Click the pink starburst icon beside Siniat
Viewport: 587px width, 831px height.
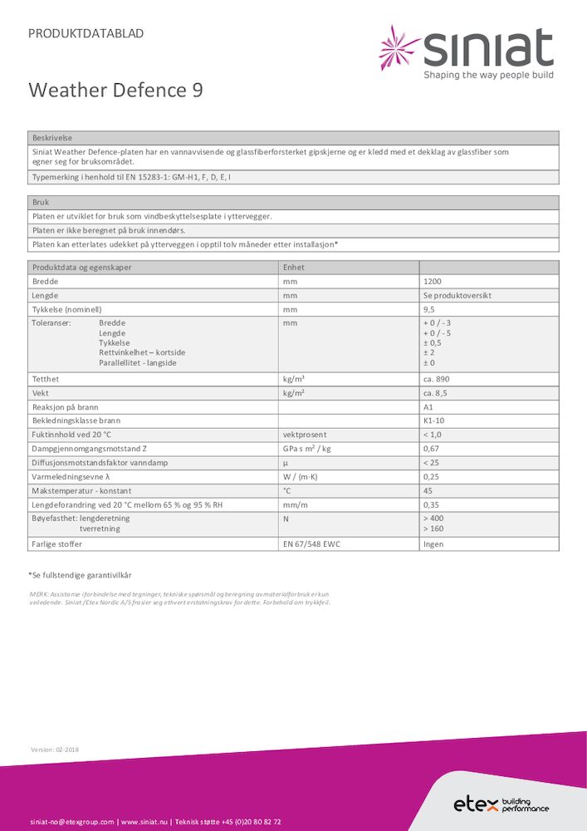pyautogui.click(x=399, y=47)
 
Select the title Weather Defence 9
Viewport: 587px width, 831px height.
pyautogui.click(x=115, y=90)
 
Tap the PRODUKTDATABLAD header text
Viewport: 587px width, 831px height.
pyautogui.click(x=86, y=33)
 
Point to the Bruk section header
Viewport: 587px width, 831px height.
pyautogui.click(x=41, y=202)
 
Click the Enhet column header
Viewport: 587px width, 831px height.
pyautogui.click(x=295, y=268)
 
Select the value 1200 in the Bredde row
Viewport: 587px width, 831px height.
pyautogui.click(x=433, y=282)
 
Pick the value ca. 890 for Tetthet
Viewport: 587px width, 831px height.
pyautogui.click(x=437, y=379)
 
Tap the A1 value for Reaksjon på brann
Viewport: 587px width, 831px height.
pyautogui.click(x=428, y=407)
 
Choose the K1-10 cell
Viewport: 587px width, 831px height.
pyautogui.click(x=434, y=421)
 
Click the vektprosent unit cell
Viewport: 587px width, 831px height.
pyautogui.click(x=305, y=435)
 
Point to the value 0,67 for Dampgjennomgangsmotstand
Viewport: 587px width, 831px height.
pyautogui.click(x=431, y=449)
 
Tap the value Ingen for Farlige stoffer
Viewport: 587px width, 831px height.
pyautogui.click(x=433, y=544)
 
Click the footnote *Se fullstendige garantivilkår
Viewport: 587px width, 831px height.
pyautogui.click(x=80, y=575)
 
